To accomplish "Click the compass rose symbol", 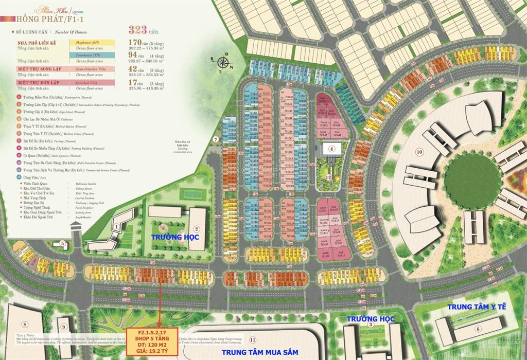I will pos(223,63).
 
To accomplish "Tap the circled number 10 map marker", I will pos(419,152).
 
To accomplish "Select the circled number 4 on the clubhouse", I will pos(332,149).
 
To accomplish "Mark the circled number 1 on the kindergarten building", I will pos(117,226).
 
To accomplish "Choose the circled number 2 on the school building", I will pos(196,229).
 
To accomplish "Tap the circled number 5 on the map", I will pos(62,244).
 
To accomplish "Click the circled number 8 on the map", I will pos(24,324).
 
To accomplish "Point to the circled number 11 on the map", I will pos(252,339).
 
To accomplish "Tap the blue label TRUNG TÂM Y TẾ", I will pos(477,307).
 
